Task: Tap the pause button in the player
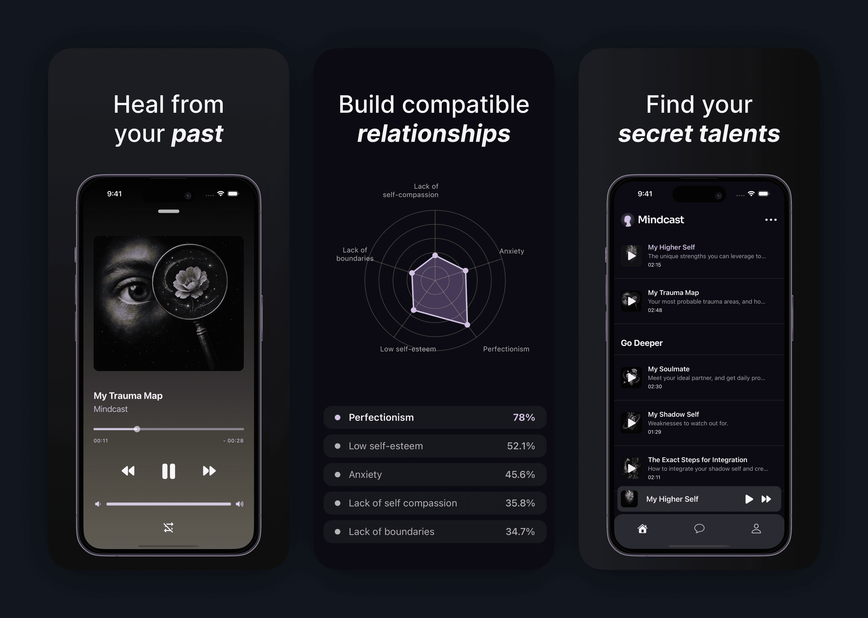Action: point(169,471)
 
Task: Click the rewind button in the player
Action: point(128,471)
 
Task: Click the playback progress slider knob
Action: point(137,429)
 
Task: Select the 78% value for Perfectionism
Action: point(524,417)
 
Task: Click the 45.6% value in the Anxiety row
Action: point(520,475)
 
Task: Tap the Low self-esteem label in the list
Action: point(386,446)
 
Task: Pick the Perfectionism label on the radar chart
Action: point(506,349)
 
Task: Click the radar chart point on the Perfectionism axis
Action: point(467,325)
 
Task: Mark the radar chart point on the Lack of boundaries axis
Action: point(412,273)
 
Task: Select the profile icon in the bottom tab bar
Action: point(756,529)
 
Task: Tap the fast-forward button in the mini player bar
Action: point(766,499)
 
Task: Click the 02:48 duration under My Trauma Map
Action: point(655,310)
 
